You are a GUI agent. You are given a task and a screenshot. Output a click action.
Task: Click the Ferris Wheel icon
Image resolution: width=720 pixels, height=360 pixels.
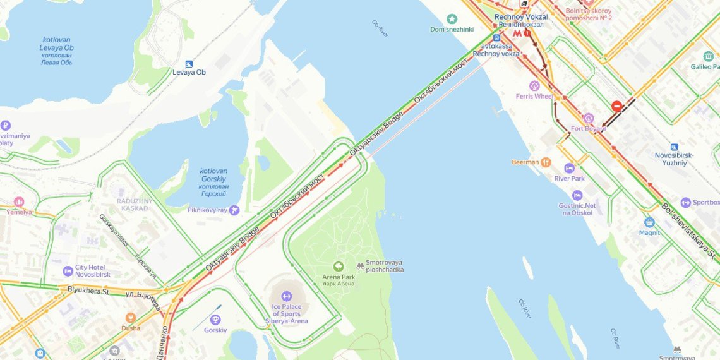click(x=535, y=86)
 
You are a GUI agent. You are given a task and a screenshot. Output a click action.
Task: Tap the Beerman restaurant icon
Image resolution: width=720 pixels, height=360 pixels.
click(x=546, y=162)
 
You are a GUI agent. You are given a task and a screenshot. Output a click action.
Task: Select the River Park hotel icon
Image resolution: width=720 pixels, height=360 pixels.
click(x=569, y=168)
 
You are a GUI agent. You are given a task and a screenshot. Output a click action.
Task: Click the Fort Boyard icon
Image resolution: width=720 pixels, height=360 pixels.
click(x=589, y=118)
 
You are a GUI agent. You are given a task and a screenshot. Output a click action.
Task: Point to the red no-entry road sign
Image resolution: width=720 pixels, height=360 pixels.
click(x=616, y=107)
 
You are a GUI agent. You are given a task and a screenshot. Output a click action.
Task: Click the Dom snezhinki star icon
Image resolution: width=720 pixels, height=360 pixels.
click(x=452, y=19)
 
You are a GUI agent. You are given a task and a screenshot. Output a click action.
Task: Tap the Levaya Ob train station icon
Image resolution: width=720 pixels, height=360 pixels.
click(x=189, y=64)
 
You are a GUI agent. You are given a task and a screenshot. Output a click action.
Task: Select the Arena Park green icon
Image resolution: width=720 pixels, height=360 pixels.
click(x=339, y=267)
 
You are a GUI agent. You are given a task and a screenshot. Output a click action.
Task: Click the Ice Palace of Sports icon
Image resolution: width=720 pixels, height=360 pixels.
click(x=286, y=296)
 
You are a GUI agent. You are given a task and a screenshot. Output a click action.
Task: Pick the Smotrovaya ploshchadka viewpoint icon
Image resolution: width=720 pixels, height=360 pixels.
click(x=361, y=267)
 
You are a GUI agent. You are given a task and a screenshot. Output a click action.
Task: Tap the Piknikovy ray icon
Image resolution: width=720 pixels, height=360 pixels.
click(x=234, y=210)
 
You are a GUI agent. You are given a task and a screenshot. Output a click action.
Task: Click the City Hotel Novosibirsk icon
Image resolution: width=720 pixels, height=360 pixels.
click(x=68, y=272)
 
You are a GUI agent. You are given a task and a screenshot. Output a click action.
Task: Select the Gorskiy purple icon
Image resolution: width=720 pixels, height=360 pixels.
click(x=215, y=320)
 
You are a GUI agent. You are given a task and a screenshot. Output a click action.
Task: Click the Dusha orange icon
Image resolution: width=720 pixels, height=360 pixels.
click(x=131, y=318)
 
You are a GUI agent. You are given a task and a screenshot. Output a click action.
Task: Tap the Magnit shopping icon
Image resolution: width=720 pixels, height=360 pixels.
click(x=649, y=222)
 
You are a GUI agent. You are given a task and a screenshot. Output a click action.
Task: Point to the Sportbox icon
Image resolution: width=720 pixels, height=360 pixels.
click(x=685, y=203)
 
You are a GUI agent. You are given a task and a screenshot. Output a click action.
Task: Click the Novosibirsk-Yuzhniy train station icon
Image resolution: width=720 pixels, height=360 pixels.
click(x=675, y=147)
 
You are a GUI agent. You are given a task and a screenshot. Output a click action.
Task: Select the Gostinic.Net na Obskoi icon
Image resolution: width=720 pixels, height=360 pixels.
click(x=577, y=195)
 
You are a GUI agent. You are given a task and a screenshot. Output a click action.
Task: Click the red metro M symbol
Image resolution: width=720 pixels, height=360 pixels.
click(x=517, y=33)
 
